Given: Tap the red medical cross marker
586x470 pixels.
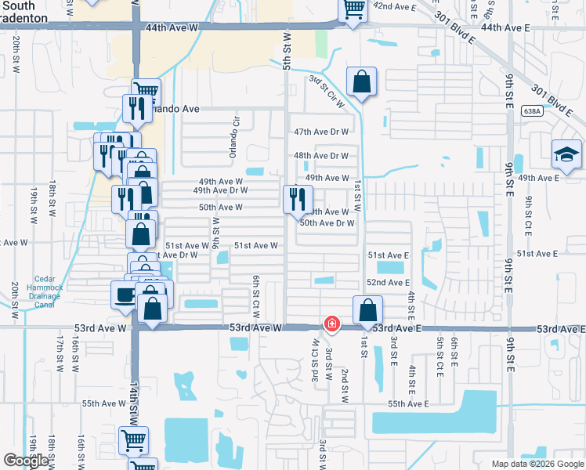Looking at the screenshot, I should pyautogui.click(x=332, y=323).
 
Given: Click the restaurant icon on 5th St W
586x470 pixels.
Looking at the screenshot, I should pyautogui.click(x=295, y=197).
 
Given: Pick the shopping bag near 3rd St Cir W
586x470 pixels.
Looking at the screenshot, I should pyautogui.click(x=361, y=81).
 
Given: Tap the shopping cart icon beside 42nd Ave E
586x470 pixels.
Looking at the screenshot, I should pyautogui.click(x=353, y=9).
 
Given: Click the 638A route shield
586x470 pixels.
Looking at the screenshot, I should pyautogui.click(x=531, y=111).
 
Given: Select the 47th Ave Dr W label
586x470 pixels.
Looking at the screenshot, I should pyautogui.click(x=320, y=132).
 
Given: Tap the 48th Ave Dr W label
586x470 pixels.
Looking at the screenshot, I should pyautogui.click(x=320, y=155).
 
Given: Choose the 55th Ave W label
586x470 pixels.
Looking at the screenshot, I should pyautogui.click(x=104, y=403).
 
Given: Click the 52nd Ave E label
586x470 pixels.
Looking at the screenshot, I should pyautogui.click(x=389, y=282).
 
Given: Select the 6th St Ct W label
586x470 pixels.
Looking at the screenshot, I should pyautogui.click(x=255, y=291).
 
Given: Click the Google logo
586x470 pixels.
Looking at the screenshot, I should pyautogui.click(x=26, y=461).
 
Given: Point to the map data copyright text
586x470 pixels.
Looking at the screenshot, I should pyautogui.click(x=537, y=464).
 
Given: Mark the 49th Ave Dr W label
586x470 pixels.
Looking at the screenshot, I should pyautogui.click(x=220, y=190).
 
